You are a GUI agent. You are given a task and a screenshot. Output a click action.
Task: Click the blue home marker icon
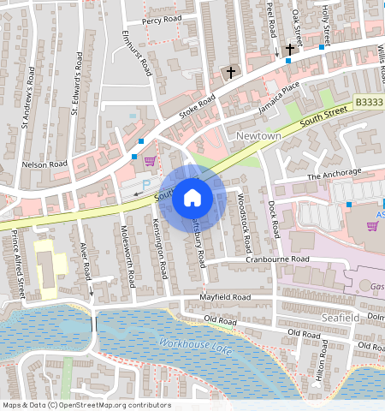click(x=192, y=199)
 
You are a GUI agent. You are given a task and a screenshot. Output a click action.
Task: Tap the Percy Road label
click(x=163, y=19)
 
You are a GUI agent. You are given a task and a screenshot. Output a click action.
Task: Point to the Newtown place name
click(x=258, y=136)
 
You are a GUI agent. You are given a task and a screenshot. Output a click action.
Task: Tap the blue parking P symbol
click(x=145, y=184)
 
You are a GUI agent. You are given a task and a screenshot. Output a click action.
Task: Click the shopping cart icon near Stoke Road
click(x=150, y=161)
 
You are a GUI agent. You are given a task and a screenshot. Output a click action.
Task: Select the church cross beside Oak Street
click(x=289, y=50)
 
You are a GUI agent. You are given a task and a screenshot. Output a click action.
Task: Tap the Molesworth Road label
click(x=126, y=247)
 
